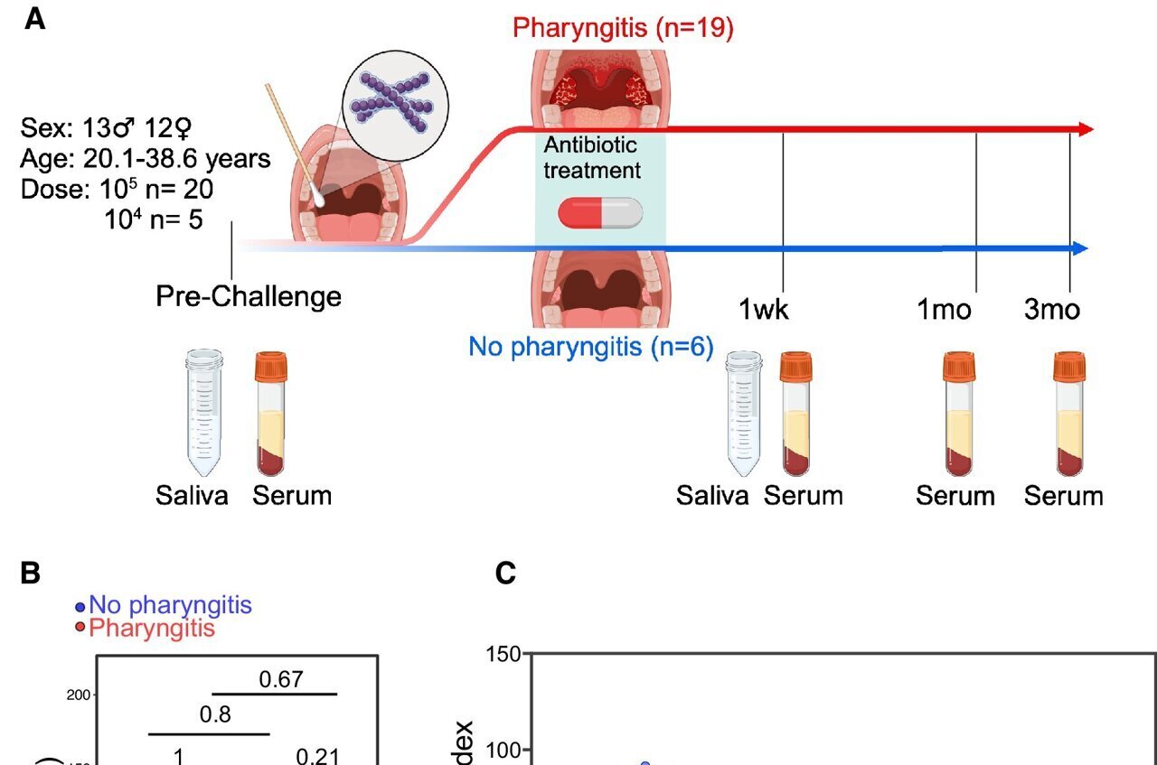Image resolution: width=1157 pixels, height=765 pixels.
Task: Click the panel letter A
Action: pos(34,20)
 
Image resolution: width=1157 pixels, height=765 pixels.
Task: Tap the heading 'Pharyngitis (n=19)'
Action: pos(623,27)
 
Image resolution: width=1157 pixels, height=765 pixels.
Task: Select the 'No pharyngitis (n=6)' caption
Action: pos(590,346)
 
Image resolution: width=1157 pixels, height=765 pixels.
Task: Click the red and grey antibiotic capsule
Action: pos(600,213)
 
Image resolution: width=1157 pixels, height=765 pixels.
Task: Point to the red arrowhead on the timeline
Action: pos(1086,129)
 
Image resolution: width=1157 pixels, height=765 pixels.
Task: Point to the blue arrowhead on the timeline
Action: pos(1080,248)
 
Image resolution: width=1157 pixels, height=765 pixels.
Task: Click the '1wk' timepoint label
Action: pos(764,309)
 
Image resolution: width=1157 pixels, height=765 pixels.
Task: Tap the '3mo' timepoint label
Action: pos(1051,309)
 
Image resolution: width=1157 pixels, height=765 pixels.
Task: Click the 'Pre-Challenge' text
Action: pos(249,296)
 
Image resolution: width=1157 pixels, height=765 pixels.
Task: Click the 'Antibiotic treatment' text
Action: pos(591,157)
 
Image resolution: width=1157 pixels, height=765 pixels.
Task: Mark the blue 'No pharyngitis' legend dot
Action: pos(80,606)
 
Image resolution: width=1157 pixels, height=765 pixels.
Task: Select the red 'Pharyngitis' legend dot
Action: pos(80,628)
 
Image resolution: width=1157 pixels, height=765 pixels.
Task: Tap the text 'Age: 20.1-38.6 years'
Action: pos(145,159)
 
